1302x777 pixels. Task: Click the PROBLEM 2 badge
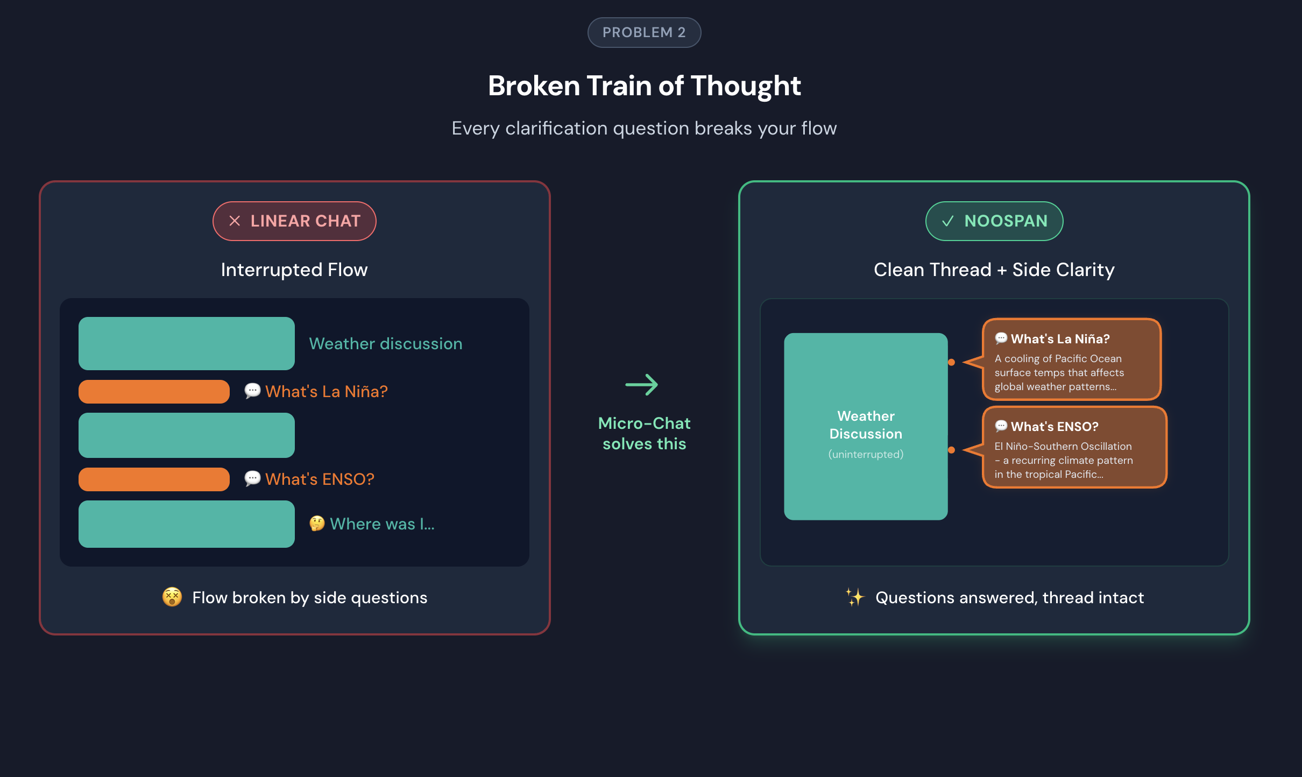tap(644, 32)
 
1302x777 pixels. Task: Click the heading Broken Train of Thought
tap(644, 86)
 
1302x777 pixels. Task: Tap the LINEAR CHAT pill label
tap(305, 221)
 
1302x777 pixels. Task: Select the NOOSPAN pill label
tap(1006, 221)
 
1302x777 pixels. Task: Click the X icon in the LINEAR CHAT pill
tap(235, 221)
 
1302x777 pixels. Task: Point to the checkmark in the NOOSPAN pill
tap(947, 221)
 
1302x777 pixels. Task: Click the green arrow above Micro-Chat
tap(642, 385)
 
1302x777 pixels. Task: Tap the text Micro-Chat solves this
tap(644, 433)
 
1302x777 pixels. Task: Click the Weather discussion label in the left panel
tap(386, 344)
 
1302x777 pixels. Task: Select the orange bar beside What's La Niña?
tap(154, 392)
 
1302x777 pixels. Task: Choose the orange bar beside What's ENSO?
tap(154, 479)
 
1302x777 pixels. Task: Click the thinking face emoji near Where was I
tap(317, 524)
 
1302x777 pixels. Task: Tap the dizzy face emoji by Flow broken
tap(172, 597)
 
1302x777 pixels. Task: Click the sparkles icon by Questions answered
tap(854, 597)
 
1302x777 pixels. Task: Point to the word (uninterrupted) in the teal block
tap(866, 455)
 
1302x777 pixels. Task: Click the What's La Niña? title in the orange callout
tap(1060, 339)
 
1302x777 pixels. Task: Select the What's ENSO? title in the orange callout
tap(1055, 427)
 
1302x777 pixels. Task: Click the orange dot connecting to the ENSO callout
tap(951, 450)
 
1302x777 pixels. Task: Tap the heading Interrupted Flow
tap(294, 270)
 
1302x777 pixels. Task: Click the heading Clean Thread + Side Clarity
tap(994, 270)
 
